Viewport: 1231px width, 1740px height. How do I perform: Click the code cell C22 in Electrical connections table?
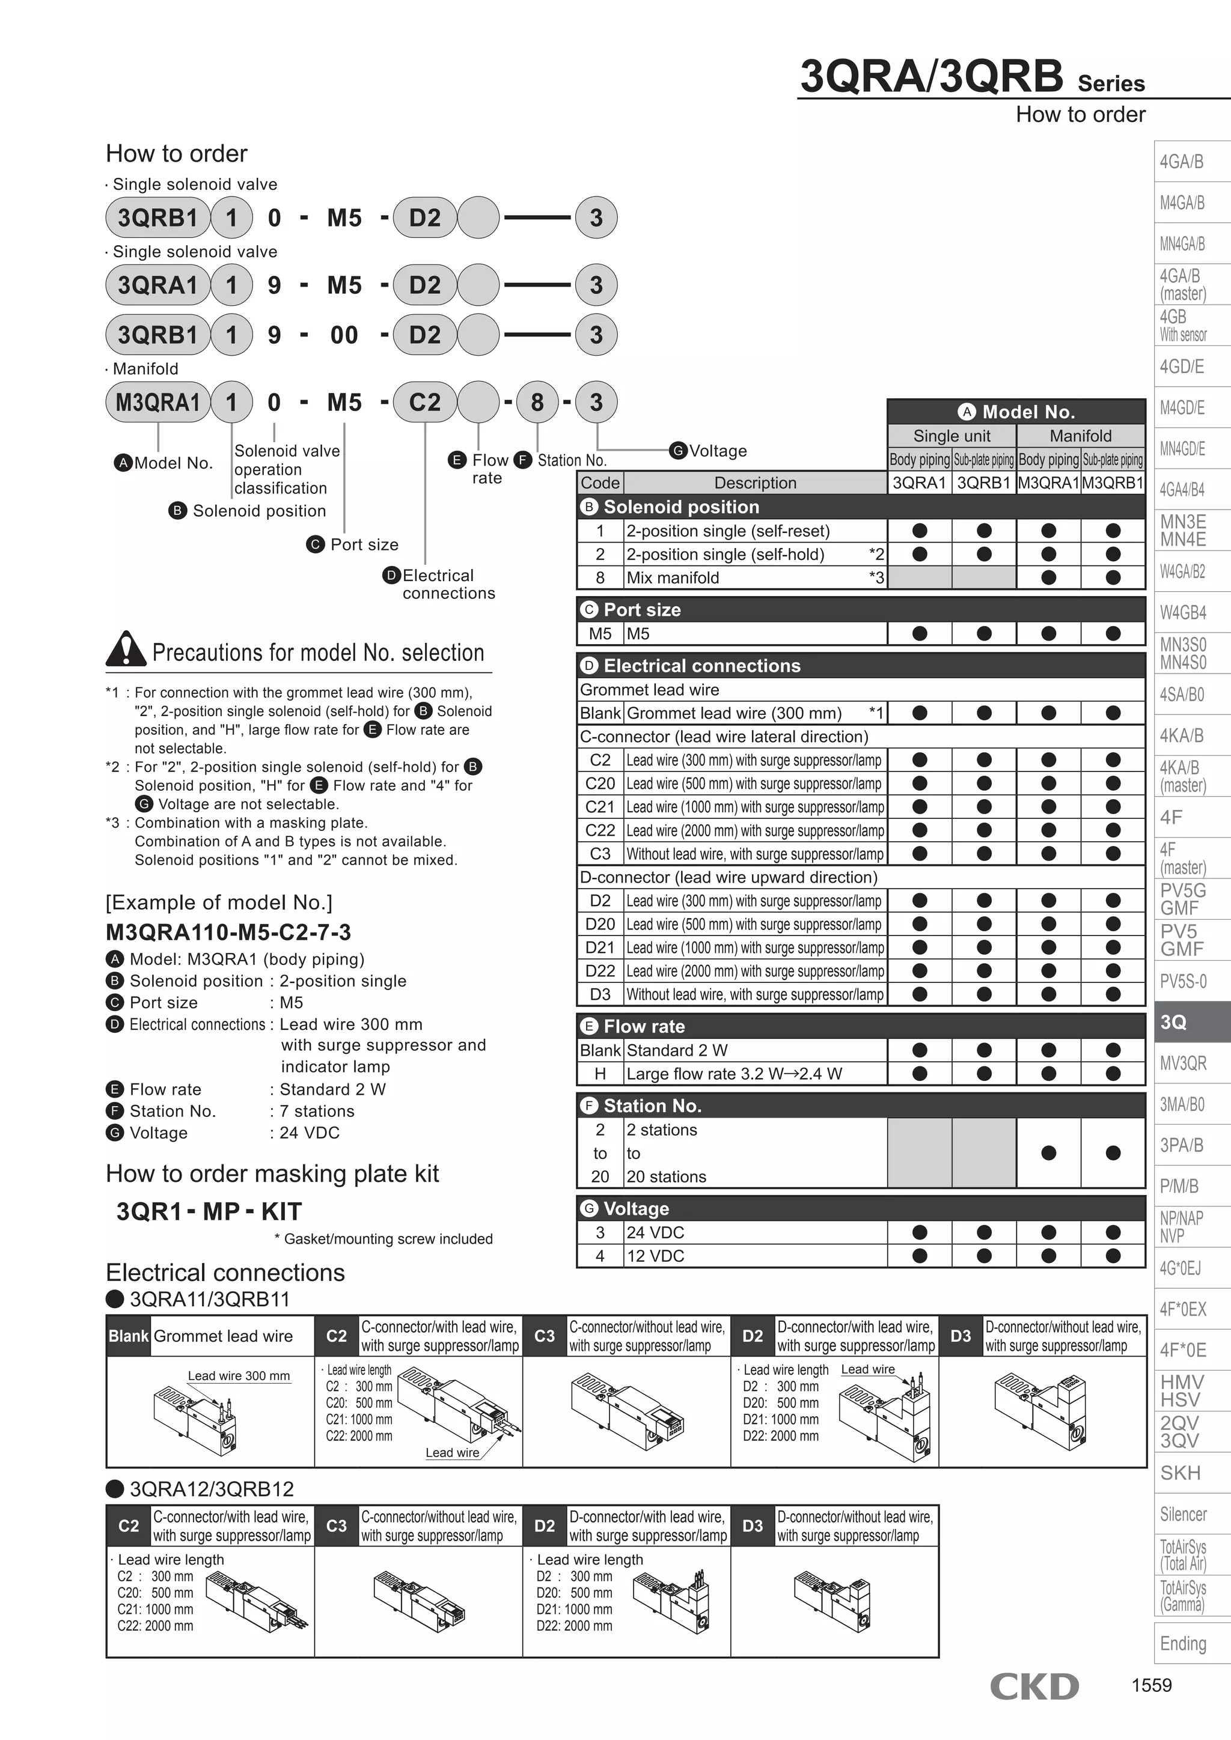coord(600,830)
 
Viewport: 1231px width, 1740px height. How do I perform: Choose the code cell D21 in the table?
coord(600,948)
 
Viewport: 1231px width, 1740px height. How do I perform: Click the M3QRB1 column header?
coord(1112,482)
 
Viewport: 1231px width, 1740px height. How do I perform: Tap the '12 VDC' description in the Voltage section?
coord(656,1256)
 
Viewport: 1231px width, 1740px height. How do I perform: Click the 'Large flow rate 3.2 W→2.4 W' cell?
coord(734,1073)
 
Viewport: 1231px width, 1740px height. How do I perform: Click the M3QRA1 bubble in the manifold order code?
coord(157,403)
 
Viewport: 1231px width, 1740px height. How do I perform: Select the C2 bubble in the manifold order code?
coord(424,403)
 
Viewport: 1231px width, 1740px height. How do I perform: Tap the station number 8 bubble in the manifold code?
coord(537,403)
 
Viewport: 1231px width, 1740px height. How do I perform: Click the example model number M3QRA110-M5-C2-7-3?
coord(228,932)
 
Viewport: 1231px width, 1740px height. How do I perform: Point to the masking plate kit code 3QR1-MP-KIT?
coord(209,1211)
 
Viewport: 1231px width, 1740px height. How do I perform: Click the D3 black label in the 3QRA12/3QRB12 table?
coord(752,1526)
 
